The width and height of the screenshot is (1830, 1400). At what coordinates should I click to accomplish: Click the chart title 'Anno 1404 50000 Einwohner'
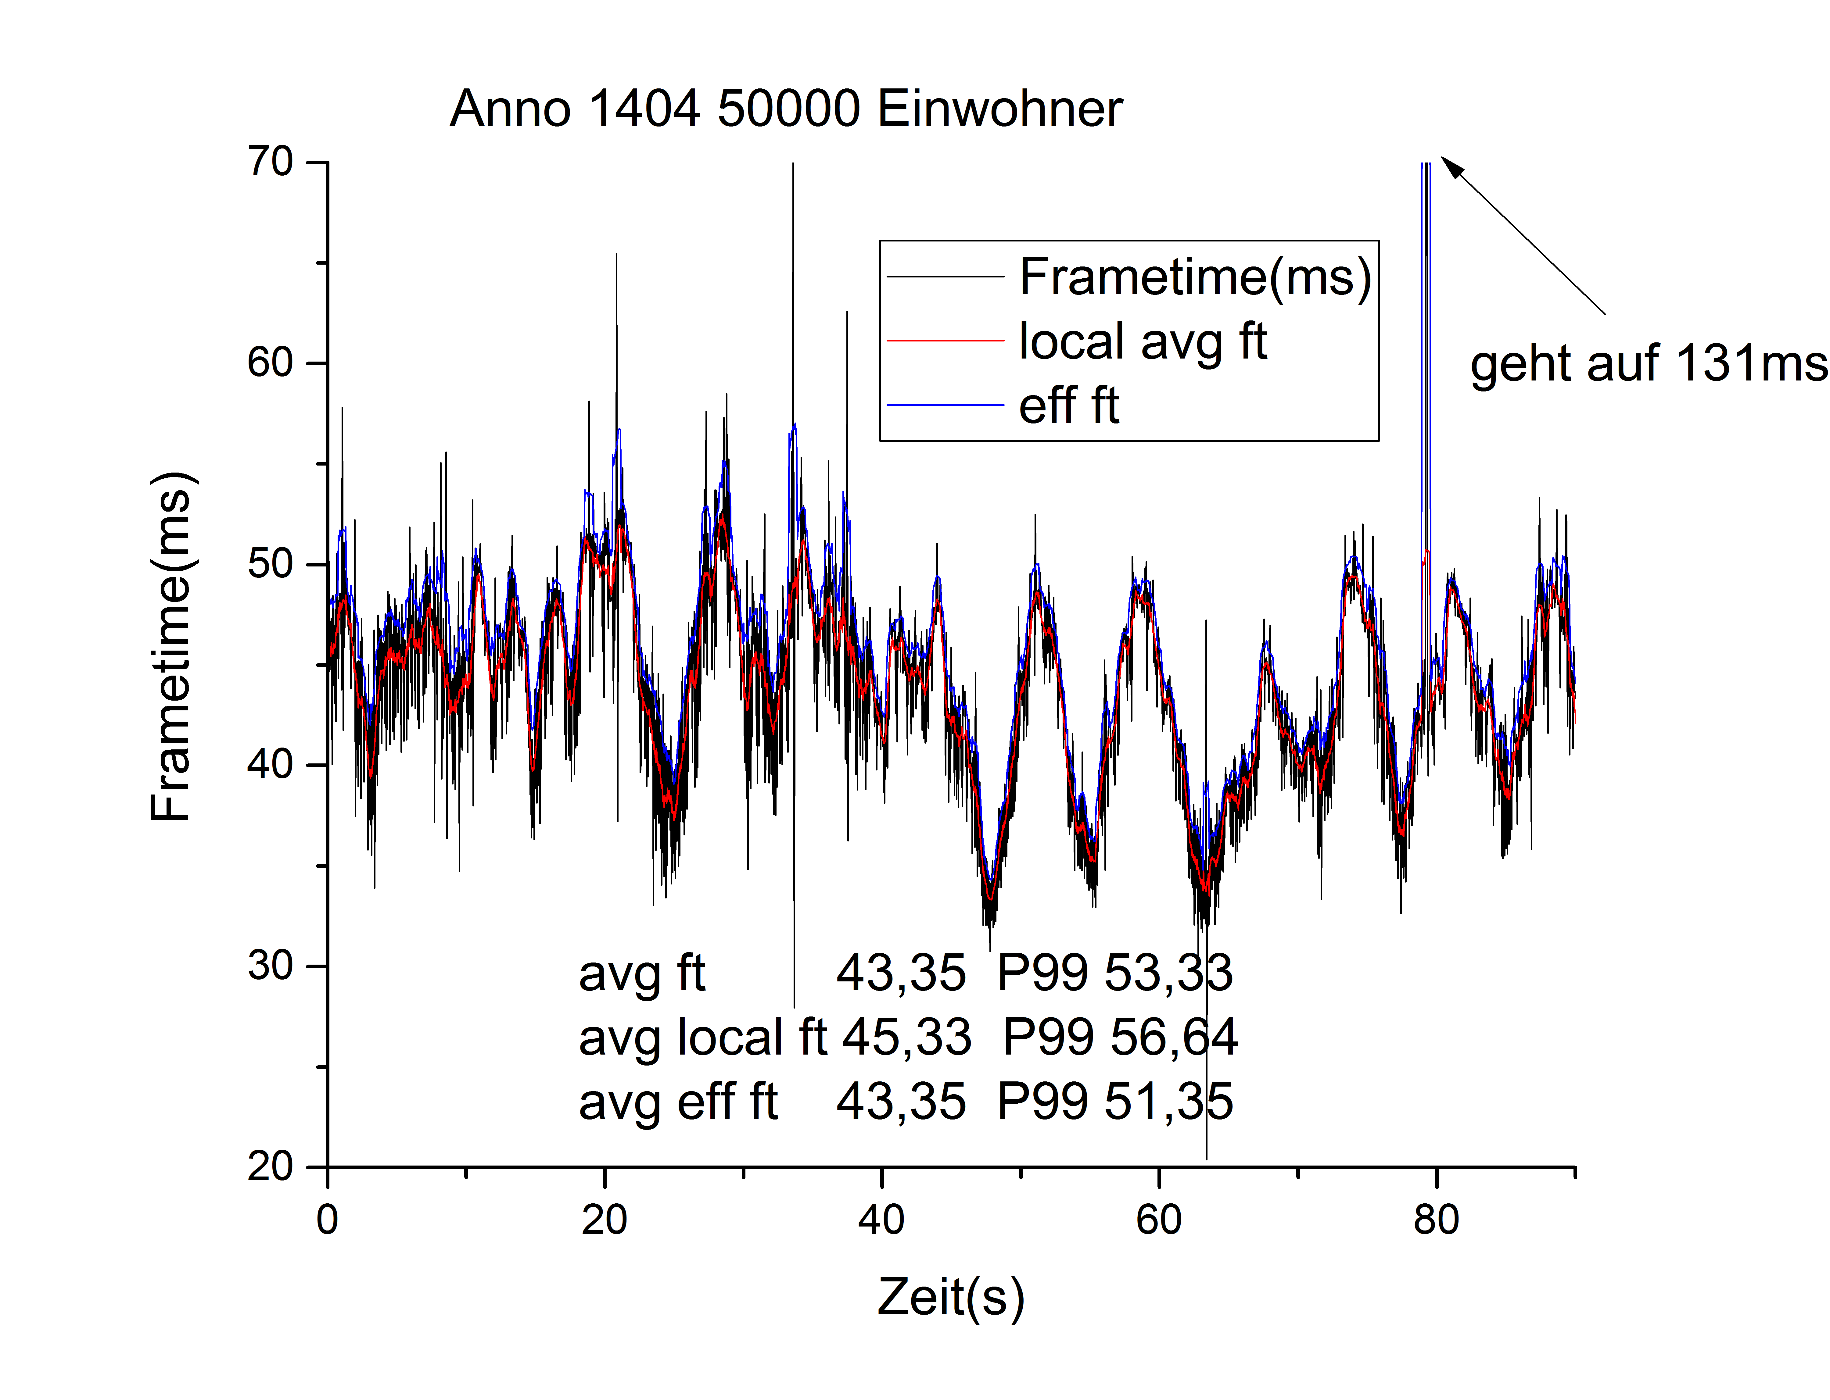click(x=785, y=109)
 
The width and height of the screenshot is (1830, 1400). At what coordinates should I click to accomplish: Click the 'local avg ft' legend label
click(x=1142, y=342)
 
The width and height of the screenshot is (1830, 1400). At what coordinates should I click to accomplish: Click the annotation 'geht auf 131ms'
click(x=1648, y=364)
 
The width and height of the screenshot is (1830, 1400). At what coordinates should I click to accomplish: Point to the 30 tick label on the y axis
click(x=271, y=966)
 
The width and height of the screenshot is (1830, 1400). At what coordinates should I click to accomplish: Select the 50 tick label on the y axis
click(x=271, y=564)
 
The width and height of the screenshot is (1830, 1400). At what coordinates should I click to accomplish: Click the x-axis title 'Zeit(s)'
click(x=950, y=1298)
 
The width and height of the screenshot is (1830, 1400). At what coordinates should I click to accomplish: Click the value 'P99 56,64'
click(x=1120, y=1037)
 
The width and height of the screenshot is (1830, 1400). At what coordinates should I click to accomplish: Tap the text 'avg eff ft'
click(x=678, y=1102)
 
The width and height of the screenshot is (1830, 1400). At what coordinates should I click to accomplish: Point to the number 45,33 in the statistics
click(x=906, y=1037)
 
